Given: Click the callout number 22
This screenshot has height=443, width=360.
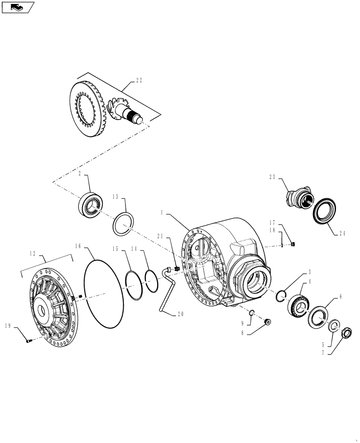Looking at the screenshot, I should click(139, 80).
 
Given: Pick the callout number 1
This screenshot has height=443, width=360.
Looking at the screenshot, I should click(163, 214).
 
